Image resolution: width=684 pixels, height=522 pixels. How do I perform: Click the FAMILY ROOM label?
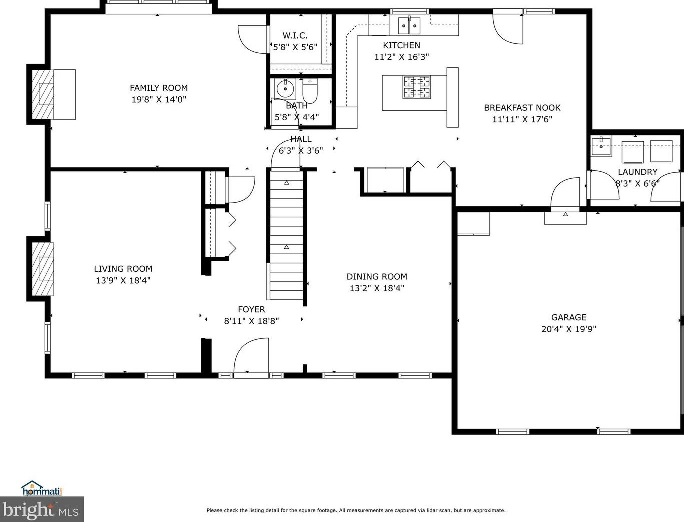click(159, 88)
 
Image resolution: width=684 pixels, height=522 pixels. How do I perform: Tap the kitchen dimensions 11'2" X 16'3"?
click(401, 57)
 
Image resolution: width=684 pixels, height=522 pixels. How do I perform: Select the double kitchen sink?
click(410, 25)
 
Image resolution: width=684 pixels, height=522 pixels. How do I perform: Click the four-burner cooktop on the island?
click(417, 87)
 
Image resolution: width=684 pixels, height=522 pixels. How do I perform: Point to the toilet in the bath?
click(310, 91)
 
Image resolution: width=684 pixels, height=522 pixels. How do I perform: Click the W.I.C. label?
click(295, 35)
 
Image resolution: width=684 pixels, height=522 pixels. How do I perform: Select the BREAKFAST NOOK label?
click(522, 108)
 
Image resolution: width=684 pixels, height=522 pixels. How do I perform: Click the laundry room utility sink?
click(601, 146)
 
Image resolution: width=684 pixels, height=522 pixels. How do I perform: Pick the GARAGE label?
click(569, 317)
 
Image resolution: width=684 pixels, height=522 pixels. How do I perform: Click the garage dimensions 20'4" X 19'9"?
click(569, 329)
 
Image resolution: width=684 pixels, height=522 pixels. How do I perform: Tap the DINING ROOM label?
click(377, 276)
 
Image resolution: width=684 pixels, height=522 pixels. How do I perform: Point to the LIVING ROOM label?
click(123, 269)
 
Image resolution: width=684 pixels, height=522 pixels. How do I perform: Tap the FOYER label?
click(251, 309)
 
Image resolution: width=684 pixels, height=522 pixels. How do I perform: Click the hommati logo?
click(42, 488)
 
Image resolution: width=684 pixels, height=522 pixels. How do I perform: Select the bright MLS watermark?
click(42, 509)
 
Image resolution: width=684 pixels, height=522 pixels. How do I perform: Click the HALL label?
click(301, 139)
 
